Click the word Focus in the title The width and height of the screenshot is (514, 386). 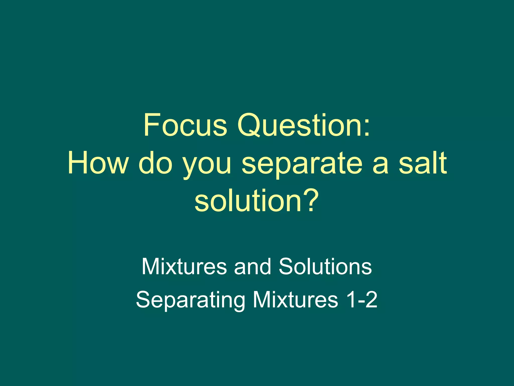click(185, 125)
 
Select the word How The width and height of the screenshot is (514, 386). click(97, 163)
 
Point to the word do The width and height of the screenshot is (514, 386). click(156, 163)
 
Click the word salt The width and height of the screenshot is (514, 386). click(423, 163)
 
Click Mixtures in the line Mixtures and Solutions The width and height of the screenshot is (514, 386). click(184, 266)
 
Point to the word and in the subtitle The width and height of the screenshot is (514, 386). click(252, 266)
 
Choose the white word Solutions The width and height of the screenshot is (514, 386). click(325, 266)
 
